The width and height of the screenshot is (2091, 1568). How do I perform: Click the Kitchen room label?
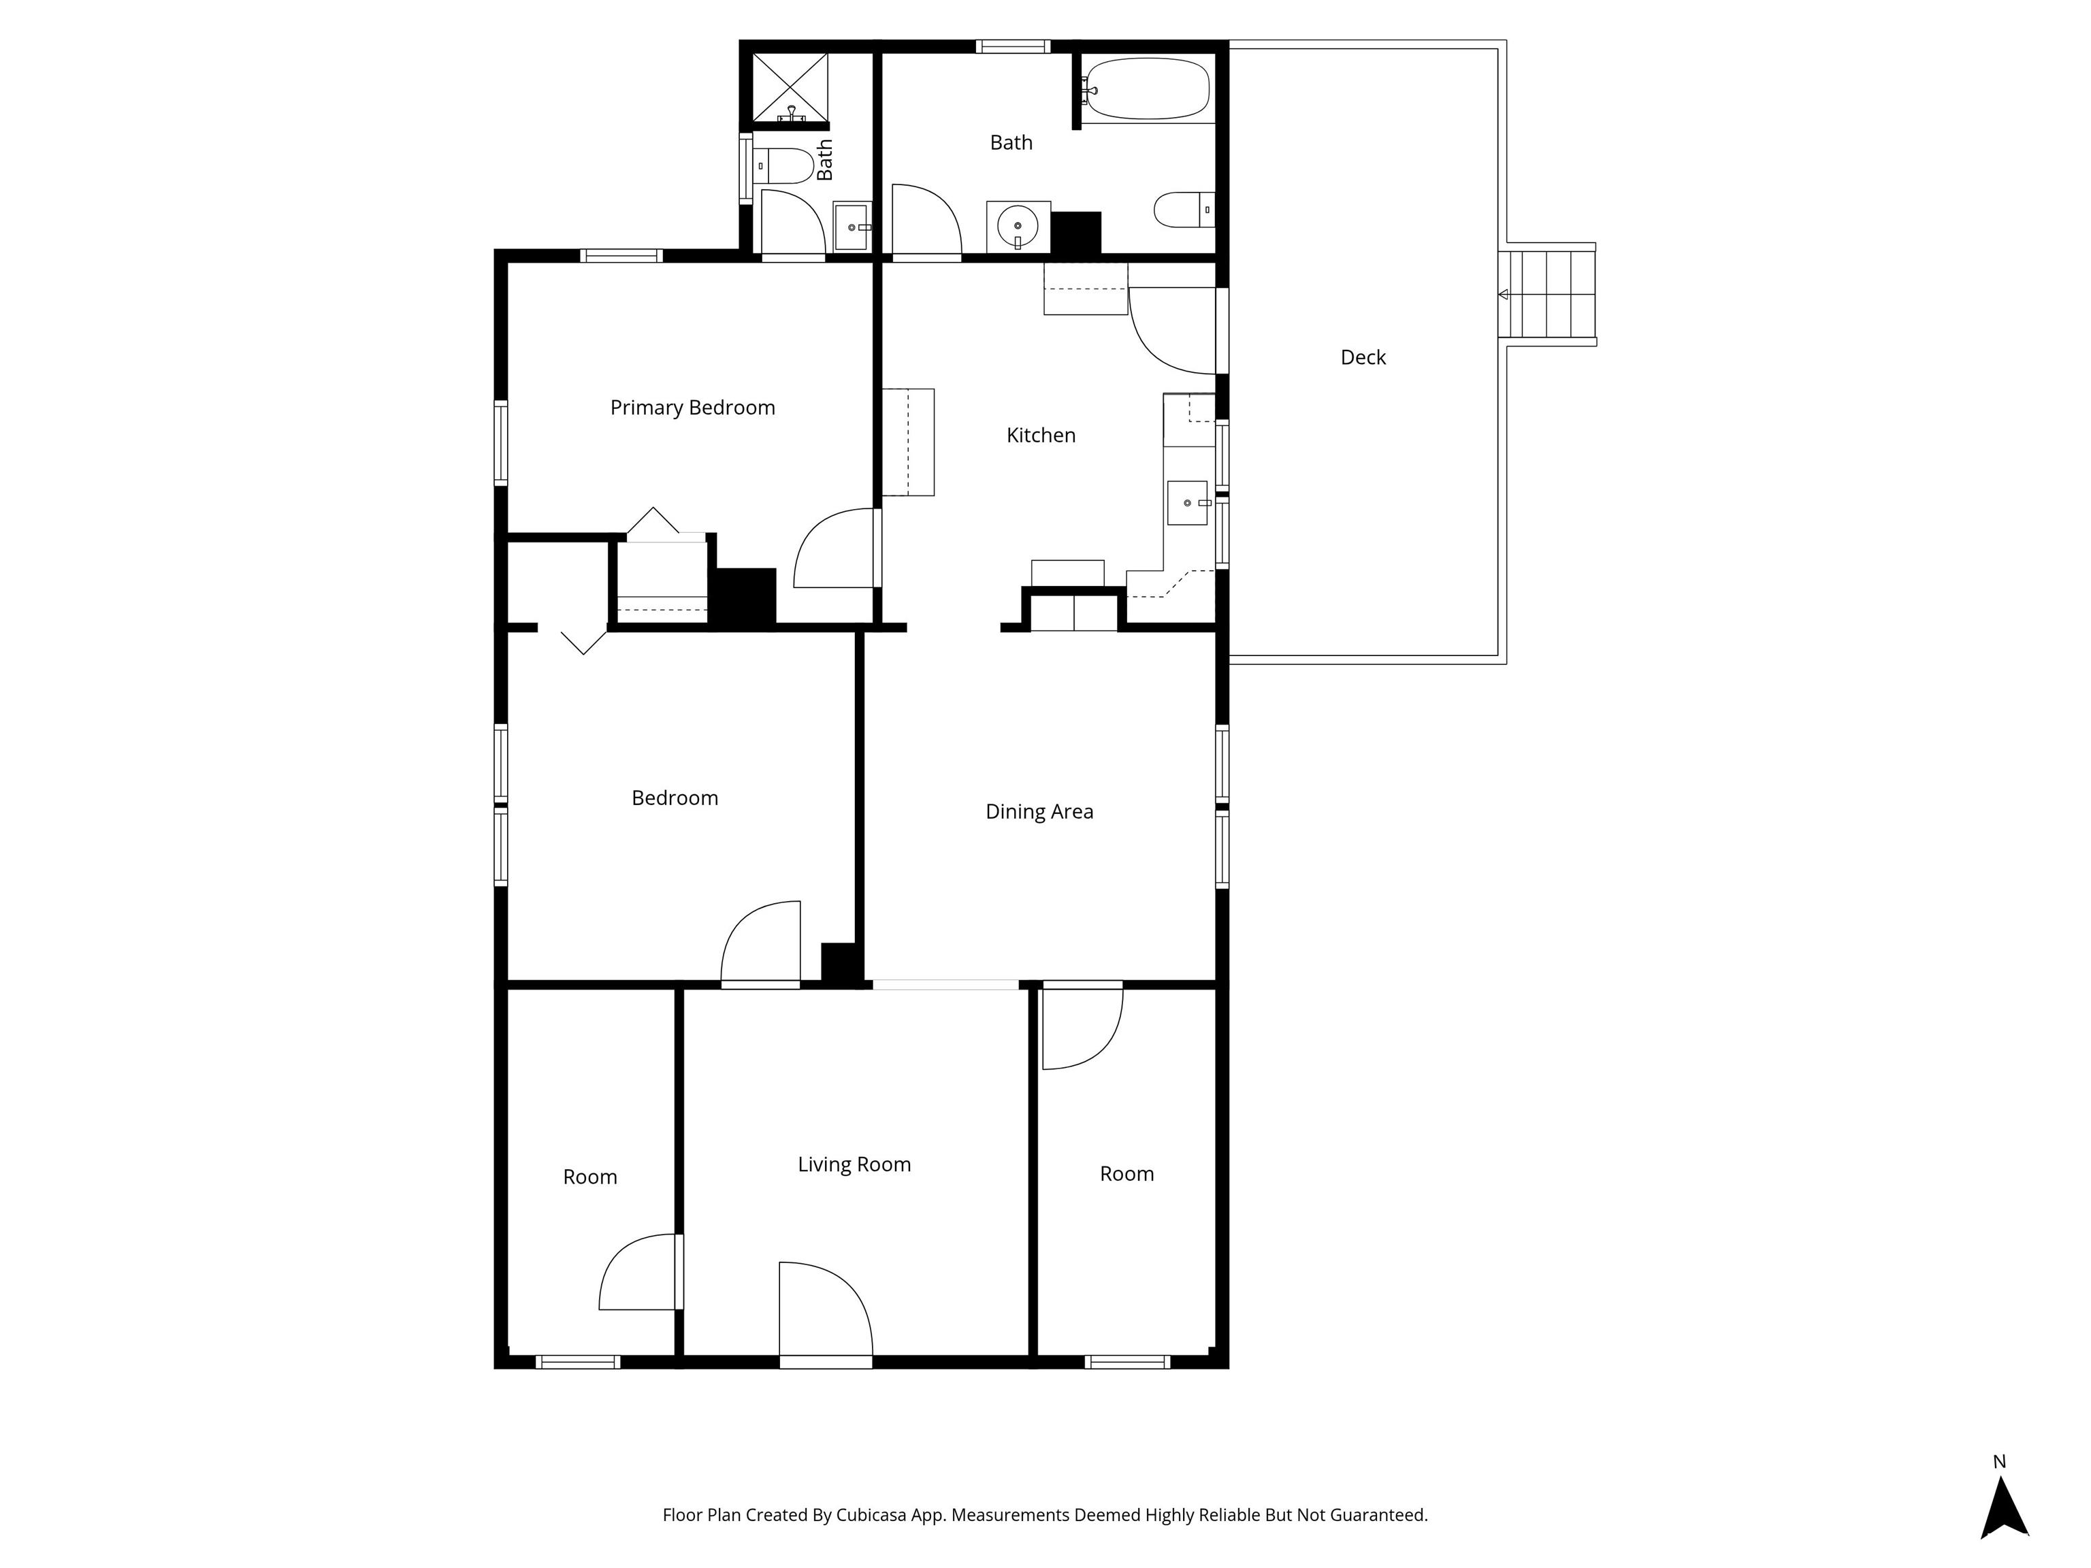(x=1041, y=435)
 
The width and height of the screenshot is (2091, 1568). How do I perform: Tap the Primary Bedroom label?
(x=693, y=408)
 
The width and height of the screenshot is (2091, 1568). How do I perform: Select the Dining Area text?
(x=1039, y=811)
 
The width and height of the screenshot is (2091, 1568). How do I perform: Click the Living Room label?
(x=854, y=1164)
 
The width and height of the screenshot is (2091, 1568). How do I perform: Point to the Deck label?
(x=1363, y=357)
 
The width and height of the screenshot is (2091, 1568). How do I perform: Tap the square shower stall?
(x=790, y=88)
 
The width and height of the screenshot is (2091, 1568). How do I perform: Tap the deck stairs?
(x=1547, y=294)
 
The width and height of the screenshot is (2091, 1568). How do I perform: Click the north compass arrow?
(x=2004, y=1509)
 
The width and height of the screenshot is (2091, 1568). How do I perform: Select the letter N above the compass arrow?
(x=1999, y=1462)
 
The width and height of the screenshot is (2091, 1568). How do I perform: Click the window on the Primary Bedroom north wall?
(x=621, y=255)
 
